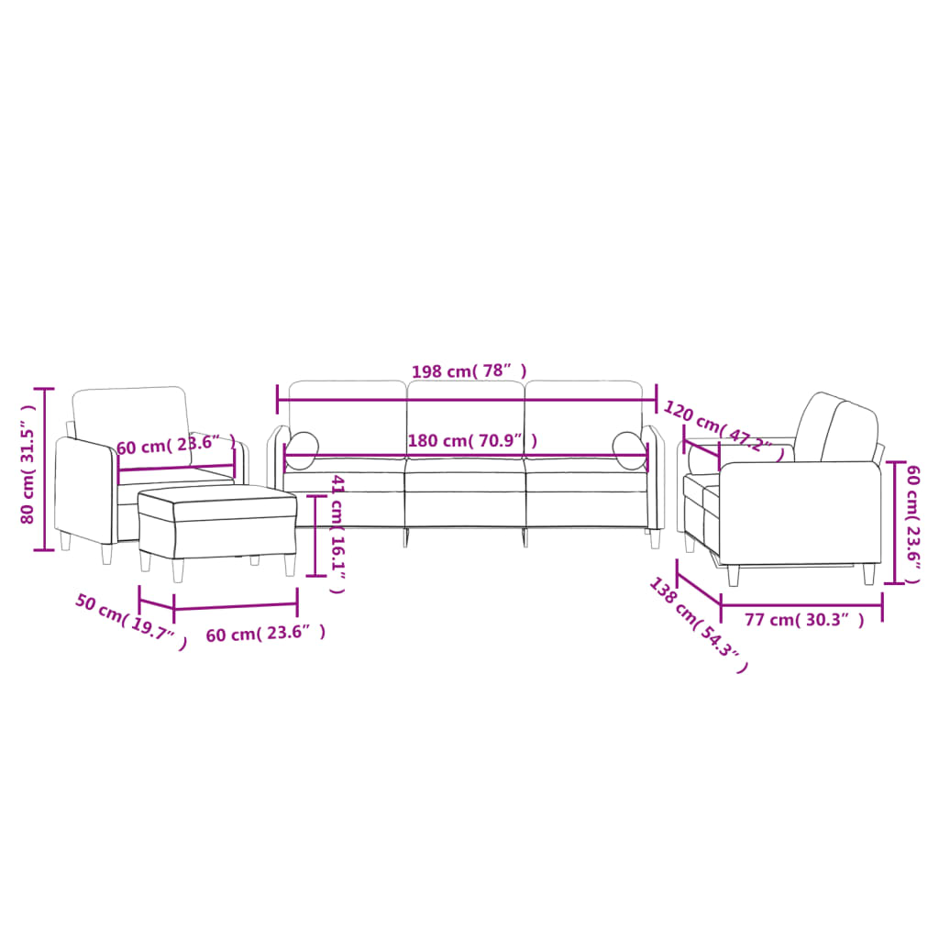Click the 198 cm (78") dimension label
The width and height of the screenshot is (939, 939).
pyautogui.click(x=469, y=371)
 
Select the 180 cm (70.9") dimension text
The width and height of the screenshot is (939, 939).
pyautogui.click(x=471, y=440)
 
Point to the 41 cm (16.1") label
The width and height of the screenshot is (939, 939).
pyautogui.click(x=337, y=535)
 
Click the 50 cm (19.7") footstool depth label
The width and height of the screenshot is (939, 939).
pyautogui.click(x=130, y=622)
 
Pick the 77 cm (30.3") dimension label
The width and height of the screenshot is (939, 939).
pyautogui.click(x=803, y=620)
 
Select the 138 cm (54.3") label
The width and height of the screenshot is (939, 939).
pyautogui.click(x=698, y=624)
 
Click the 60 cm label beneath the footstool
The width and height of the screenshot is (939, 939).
pyautogui.click(x=265, y=634)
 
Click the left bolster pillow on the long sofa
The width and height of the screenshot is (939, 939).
pyautogui.click(x=303, y=449)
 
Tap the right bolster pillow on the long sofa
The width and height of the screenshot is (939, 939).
pyautogui.click(x=628, y=449)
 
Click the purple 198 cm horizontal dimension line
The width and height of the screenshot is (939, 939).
pyautogui.click(x=467, y=399)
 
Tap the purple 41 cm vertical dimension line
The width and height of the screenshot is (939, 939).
pyautogui.click(x=315, y=536)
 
